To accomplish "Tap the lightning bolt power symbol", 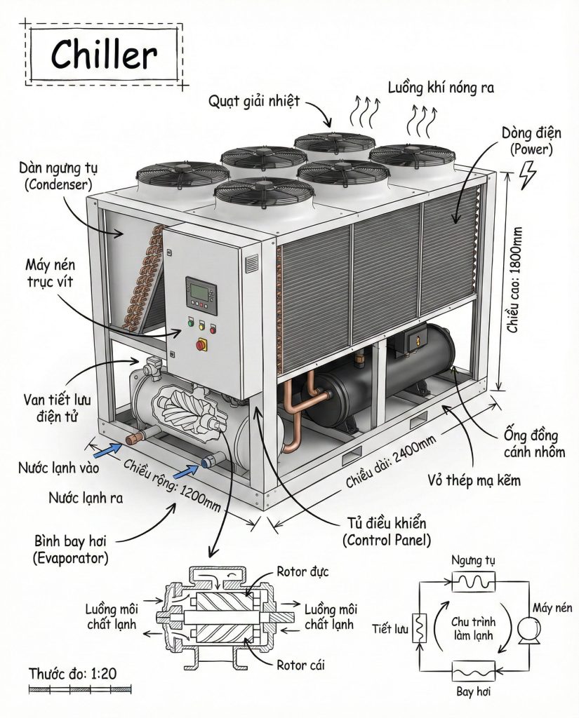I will (526, 175).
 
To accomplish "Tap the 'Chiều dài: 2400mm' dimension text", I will (391, 460).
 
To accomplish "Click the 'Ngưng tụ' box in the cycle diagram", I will (474, 581).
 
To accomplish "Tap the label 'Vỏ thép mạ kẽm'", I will (477, 480).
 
